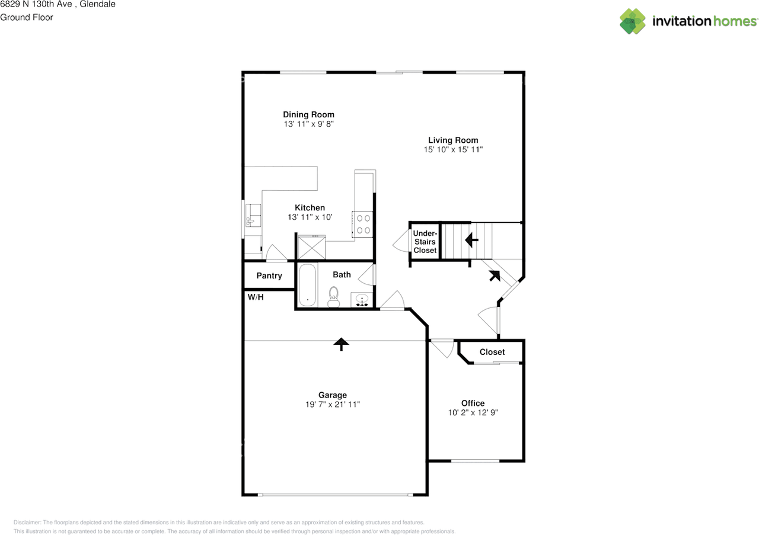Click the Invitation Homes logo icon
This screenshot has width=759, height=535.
(x=633, y=21)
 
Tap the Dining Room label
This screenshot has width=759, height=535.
(x=308, y=114)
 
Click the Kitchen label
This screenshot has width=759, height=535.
(x=310, y=207)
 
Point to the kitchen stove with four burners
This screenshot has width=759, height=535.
(x=362, y=223)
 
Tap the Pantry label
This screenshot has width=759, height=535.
(x=269, y=275)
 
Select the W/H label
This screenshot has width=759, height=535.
(x=256, y=297)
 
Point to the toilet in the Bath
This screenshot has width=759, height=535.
(x=334, y=296)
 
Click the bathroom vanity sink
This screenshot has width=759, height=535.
(x=362, y=299)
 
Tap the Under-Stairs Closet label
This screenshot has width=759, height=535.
(x=425, y=242)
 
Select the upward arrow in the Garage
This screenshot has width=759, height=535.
(x=340, y=344)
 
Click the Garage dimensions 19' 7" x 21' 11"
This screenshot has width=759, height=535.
(x=332, y=404)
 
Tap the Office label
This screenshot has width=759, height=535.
(x=473, y=403)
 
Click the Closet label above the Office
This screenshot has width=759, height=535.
(x=492, y=352)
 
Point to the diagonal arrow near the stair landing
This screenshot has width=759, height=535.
(x=493, y=275)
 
